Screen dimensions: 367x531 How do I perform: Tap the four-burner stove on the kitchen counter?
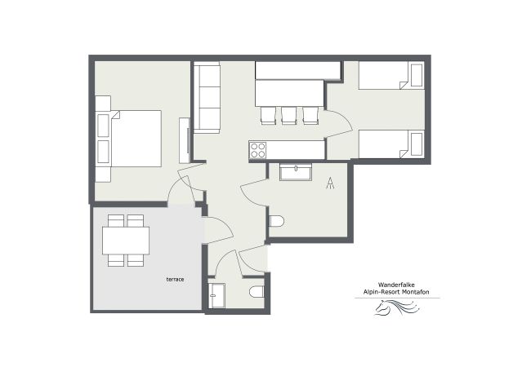tap(258, 150)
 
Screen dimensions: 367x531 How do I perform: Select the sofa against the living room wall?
tap(207, 98)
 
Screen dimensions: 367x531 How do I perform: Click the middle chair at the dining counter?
tap(289, 115)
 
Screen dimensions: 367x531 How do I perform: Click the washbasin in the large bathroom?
tap(294, 171)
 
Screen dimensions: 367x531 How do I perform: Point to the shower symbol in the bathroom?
tap(330, 183)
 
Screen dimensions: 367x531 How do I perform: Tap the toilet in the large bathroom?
tap(276, 221)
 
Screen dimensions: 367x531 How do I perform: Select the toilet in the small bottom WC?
tap(257, 292)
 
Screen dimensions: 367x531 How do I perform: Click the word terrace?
tap(175, 280)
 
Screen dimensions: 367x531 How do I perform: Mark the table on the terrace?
tap(126, 240)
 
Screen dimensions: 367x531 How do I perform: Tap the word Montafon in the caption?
tap(421, 293)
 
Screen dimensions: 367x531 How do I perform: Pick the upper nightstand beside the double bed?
tap(103, 124)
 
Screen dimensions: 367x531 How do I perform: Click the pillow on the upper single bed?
tap(415, 77)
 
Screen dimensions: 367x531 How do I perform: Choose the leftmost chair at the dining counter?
tap(268, 115)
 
